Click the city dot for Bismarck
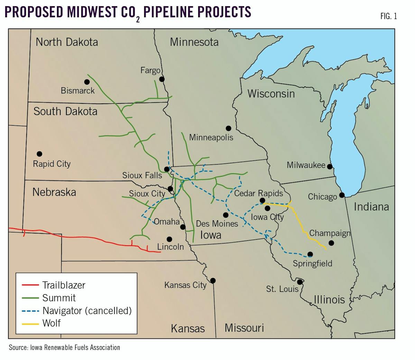pyautogui.click(x=87, y=82)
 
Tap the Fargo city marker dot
pyautogui.click(x=162, y=79)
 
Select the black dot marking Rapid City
pyautogui.click(x=39, y=154)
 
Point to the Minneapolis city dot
pyautogui.click(x=228, y=128)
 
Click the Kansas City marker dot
pyautogui.click(x=213, y=280)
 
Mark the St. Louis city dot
pyautogui.click(x=300, y=282)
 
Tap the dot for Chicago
pyautogui.click(x=342, y=195)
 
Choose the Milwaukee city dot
pyautogui.click(x=330, y=166)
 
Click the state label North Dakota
pyautogui.click(x=67, y=42)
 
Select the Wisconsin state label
pyautogui.click(x=271, y=94)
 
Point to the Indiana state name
pyautogui.click(x=371, y=207)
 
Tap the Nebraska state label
pyautogui.click(x=54, y=192)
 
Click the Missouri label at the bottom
pyautogui.click(x=244, y=328)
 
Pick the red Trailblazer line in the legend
pyautogui.click(x=30, y=285)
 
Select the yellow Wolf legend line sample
pyautogui.click(x=30, y=324)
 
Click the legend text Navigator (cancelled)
pyautogui.click(x=87, y=311)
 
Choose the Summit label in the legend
pyautogui.click(x=59, y=298)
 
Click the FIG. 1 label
pyautogui.click(x=388, y=16)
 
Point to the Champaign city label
pyautogui.click(x=330, y=233)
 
